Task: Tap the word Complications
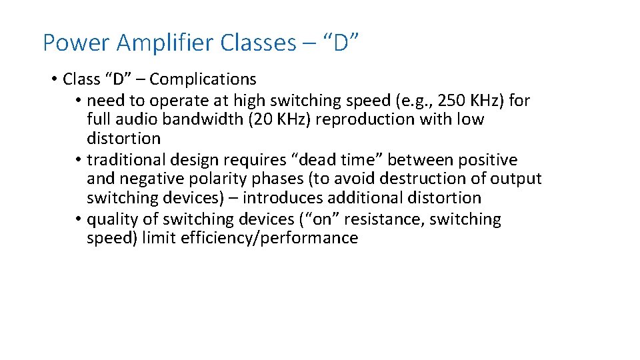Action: point(203,79)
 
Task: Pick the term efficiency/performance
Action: point(269,238)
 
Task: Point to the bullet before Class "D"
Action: point(53,80)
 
